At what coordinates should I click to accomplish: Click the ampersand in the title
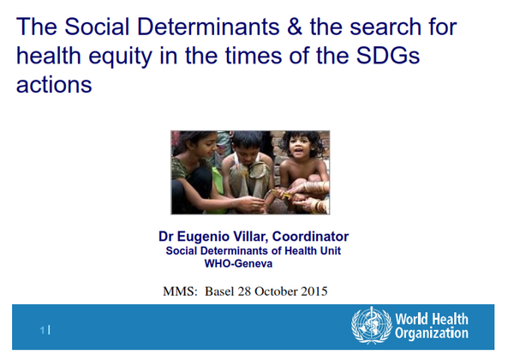(x=295, y=27)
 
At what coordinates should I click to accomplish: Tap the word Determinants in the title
(x=208, y=27)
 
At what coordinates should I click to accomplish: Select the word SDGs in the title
(x=388, y=55)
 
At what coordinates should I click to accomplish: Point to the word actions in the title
(x=54, y=84)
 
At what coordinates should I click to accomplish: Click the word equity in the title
(x=120, y=57)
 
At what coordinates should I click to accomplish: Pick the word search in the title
(x=385, y=27)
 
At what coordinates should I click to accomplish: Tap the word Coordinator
(x=310, y=237)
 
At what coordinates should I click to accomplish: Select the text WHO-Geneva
(x=238, y=264)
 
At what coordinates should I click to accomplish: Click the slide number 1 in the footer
(x=42, y=330)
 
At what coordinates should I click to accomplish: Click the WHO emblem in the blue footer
(x=372, y=326)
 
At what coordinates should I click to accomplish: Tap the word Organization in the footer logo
(x=432, y=333)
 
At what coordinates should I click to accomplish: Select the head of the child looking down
(x=248, y=146)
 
